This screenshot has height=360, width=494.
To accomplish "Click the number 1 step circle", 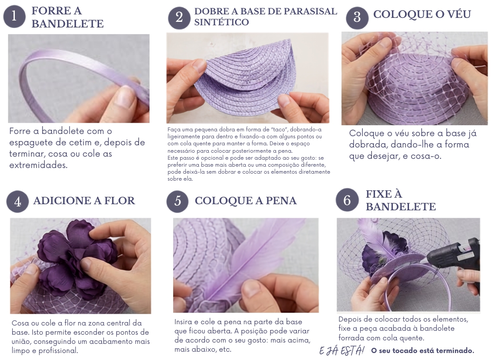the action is click(14, 16).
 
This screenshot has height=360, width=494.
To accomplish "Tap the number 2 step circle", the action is click(179, 17).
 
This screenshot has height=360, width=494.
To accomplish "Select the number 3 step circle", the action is click(357, 17).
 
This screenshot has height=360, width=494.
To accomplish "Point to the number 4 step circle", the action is click(17, 202).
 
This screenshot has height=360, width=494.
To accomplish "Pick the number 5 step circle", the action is click(178, 201).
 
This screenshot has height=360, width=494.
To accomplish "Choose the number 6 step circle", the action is click(347, 200).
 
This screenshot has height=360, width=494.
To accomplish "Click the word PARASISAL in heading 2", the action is click(310, 11).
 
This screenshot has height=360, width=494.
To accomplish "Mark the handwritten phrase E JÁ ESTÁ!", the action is click(342, 350).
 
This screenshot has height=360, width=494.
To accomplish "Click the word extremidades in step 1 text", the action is click(38, 165).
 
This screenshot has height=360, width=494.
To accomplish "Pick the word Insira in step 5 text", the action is click(183, 322).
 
